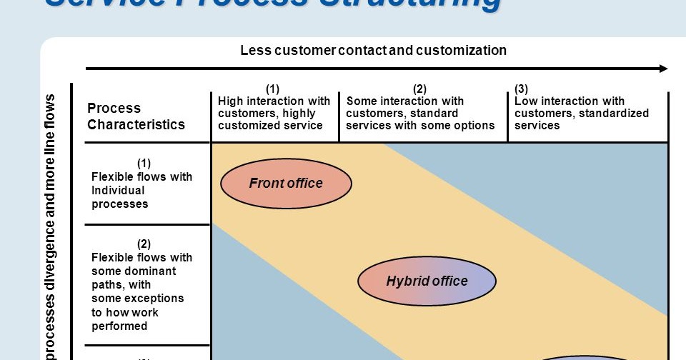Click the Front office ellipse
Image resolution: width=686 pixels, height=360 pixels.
pos(286,184)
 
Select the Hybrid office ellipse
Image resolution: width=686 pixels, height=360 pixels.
pos(427,281)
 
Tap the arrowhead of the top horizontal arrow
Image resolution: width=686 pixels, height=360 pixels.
pos(663,69)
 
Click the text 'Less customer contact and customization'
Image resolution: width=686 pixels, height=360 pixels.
pos(373,51)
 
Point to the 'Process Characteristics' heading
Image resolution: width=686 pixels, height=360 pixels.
pos(136,116)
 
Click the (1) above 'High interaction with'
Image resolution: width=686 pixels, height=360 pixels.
pos(272,89)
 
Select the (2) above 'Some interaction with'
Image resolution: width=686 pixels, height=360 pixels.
pos(419,89)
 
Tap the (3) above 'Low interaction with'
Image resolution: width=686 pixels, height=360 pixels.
pos(521,89)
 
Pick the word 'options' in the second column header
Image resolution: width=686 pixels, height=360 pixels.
pos(475,125)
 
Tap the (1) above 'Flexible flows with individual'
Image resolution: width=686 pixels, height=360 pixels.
pos(144,163)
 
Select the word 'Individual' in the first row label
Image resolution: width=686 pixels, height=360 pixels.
pos(118,190)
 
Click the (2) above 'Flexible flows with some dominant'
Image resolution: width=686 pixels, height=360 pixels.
pos(144,244)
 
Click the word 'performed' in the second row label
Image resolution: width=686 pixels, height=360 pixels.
pos(119,326)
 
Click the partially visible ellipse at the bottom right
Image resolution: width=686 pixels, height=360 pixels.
pos(586,356)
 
